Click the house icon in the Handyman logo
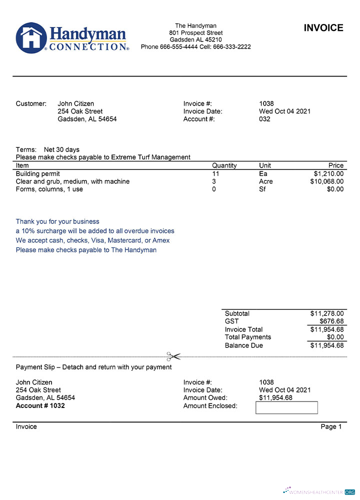[x=31, y=37]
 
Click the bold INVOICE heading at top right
[x=323, y=28]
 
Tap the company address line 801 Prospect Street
[x=195, y=33]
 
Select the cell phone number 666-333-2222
[x=232, y=47]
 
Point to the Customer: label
[x=31, y=103]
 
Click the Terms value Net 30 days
[x=61, y=149]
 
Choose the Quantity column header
[x=224, y=165]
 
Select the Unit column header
[x=265, y=165]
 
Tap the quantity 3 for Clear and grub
[x=214, y=181]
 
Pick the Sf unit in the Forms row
[x=262, y=189]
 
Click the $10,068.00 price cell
[x=326, y=181]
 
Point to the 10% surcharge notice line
[x=95, y=231]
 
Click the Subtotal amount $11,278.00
[x=326, y=313]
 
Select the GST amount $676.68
[x=330, y=321]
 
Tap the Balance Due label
[x=243, y=345]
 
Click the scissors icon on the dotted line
[x=173, y=356]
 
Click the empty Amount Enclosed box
[x=286, y=407]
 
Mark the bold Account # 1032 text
[x=40, y=405]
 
